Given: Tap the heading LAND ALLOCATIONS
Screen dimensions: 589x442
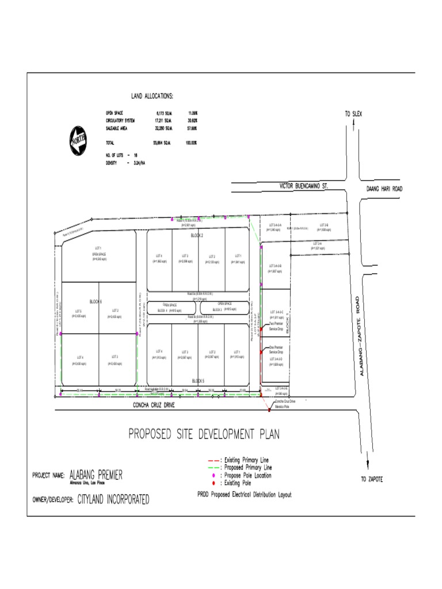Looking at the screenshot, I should (152, 96).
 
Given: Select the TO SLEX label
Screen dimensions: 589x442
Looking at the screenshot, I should (354, 114).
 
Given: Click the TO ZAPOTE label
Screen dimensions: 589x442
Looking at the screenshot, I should (372, 479).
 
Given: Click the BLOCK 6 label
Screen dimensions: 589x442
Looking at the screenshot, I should (96, 301).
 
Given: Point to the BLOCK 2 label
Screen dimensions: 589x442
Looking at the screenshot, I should (197, 235).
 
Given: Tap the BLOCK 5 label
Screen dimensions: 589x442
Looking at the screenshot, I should (198, 381).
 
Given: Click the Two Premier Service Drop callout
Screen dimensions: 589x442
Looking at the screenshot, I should (276, 326).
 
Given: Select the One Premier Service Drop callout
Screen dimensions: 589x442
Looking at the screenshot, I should (277, 349).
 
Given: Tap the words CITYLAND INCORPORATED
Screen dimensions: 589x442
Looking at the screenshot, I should (113, 499).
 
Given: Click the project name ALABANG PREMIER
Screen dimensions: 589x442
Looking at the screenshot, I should (96, 475).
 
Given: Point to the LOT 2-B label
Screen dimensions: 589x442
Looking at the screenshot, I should (323, 225).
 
